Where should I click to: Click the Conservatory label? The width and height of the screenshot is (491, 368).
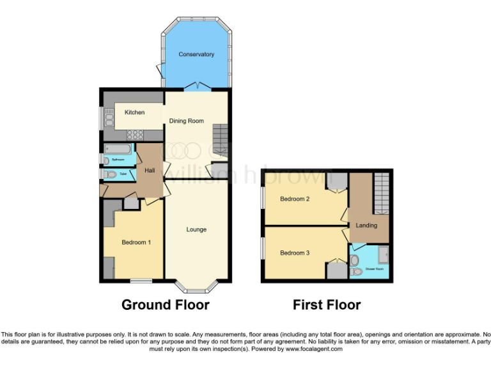[x=196, y=54]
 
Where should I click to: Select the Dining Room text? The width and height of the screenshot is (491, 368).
[x=186, y=121]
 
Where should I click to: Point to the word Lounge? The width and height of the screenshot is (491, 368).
[x=196, y=229]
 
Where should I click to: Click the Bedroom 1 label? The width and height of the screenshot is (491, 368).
[x=136, y=242]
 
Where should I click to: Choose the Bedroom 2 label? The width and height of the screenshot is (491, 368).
[x=295, y=199]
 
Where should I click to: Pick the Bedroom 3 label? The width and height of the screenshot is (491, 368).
[x=295, y=253]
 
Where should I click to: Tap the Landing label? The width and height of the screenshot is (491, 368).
[x=366, y=226]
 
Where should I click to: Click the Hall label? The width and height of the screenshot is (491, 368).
[x=150, y=171]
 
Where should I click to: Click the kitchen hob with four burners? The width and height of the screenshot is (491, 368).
[x=136, y=135]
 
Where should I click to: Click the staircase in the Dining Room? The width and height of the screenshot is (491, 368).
[x=220, y=137]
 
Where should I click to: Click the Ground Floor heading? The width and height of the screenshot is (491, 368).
[x=165, y=305]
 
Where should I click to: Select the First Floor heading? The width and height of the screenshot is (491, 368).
[x=327, y=305]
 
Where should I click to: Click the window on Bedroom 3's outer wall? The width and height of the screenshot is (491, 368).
[x=262, y=248]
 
